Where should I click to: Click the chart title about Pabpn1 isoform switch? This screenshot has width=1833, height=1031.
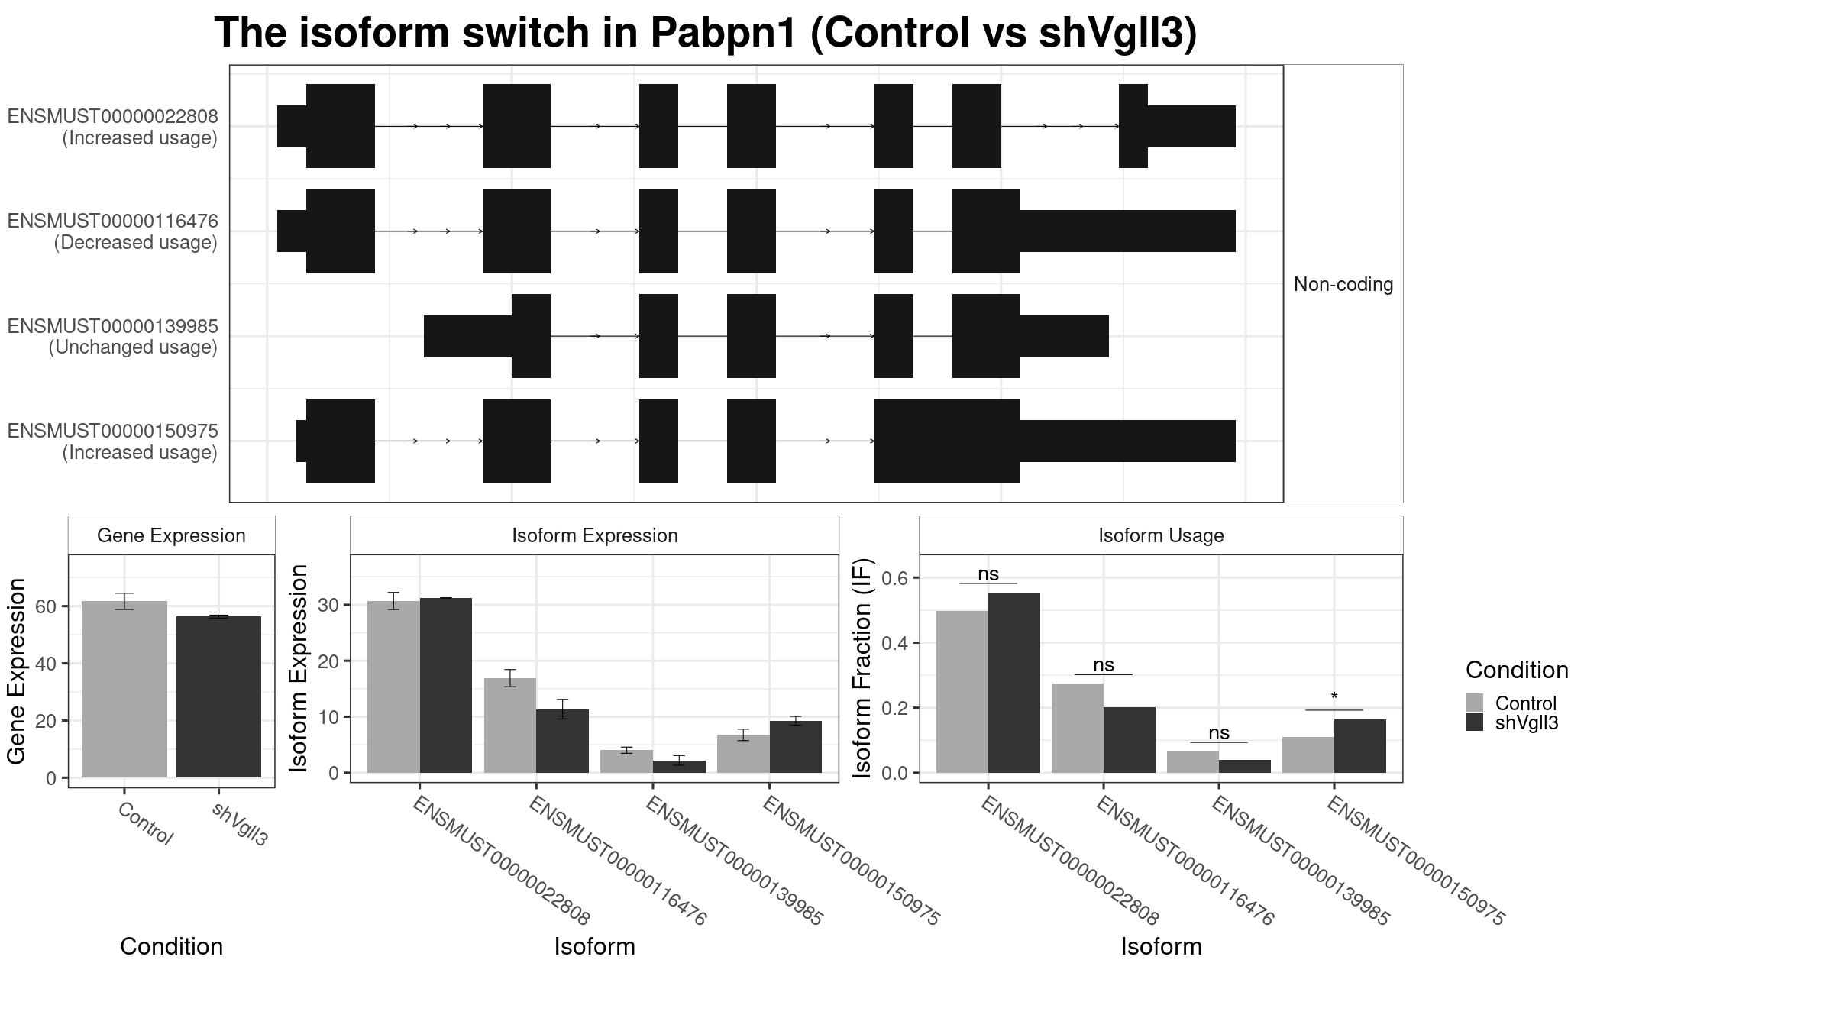pyautogui.click(x=706, y=33)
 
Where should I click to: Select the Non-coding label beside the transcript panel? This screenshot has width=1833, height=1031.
pyautogui.click(x=1343, y=284)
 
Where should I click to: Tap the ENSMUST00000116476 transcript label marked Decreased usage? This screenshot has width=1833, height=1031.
pyautogui.click(x=113, y=231)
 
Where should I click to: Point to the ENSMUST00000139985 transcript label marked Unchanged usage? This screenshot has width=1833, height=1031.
pyautogui.click(x=113, y=337)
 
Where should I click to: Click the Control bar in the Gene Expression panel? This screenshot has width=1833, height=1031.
pyautogui.click(x=124, y=690)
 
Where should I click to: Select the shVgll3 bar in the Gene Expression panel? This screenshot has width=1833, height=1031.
pyautogui.click(x=218, y=697)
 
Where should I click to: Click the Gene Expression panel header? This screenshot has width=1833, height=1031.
pyautogui.click(x=171, y=535)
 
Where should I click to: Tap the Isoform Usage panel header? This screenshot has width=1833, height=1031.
pyautogui.click(x=1161, y=535)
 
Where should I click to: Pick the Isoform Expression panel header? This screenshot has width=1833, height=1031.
pyautogui.click(x=595, y=535)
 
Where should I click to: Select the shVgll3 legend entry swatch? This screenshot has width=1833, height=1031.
pyautogui.click(x=1475, y=722)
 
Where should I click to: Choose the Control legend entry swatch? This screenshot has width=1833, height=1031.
pyautogui.click(x=1475, y=703)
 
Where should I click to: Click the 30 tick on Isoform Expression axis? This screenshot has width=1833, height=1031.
pyautogui.click(x=329, y=605)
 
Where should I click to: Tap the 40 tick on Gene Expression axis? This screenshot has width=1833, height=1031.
pyautogui.click(x=46, y=664)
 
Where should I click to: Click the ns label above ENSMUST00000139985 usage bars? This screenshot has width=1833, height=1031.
pyautogui.click(x=1219, y=732)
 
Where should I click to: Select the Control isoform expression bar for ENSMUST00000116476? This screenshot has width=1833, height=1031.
pyautogui.click(x=510, y=726)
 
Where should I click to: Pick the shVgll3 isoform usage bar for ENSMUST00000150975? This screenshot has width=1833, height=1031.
pyautogui.click(x=1360, y=746)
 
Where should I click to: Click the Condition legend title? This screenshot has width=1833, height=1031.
pyautogui.click(x=1517, y=670)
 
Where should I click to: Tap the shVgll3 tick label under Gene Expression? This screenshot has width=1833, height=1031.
pyautogui.click(x=240, y=824)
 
